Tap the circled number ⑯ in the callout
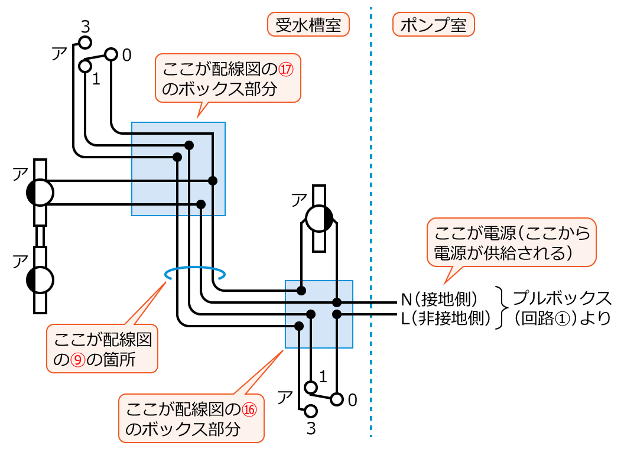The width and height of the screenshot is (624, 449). pyautogui.click(x=251, y=409)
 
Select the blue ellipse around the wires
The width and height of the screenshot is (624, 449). pyautogui.click(x=195, y=274)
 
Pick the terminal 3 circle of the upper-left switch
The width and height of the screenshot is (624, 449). pyautogui.click(x=85, y=43)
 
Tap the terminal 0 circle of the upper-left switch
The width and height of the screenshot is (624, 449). pyautogui.click(x=111, y=55)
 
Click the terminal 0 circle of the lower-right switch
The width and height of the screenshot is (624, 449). pyautogui.click(x=337, y=399)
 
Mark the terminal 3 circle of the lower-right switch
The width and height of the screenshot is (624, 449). pyautogui.click(x=310, y=411)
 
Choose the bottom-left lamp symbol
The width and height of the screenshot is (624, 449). pyautogui.click(x=40, y=279)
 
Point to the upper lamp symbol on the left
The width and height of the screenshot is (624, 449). pyautogui.click(x=40, y=193)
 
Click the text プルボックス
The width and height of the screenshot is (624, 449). pyautogui.click(x=561, y=297)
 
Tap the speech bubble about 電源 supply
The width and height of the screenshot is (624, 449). pyautogui.click(x=512, y=242)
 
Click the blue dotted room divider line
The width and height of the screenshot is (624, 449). pyautogui.click(x=371, y=224)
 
